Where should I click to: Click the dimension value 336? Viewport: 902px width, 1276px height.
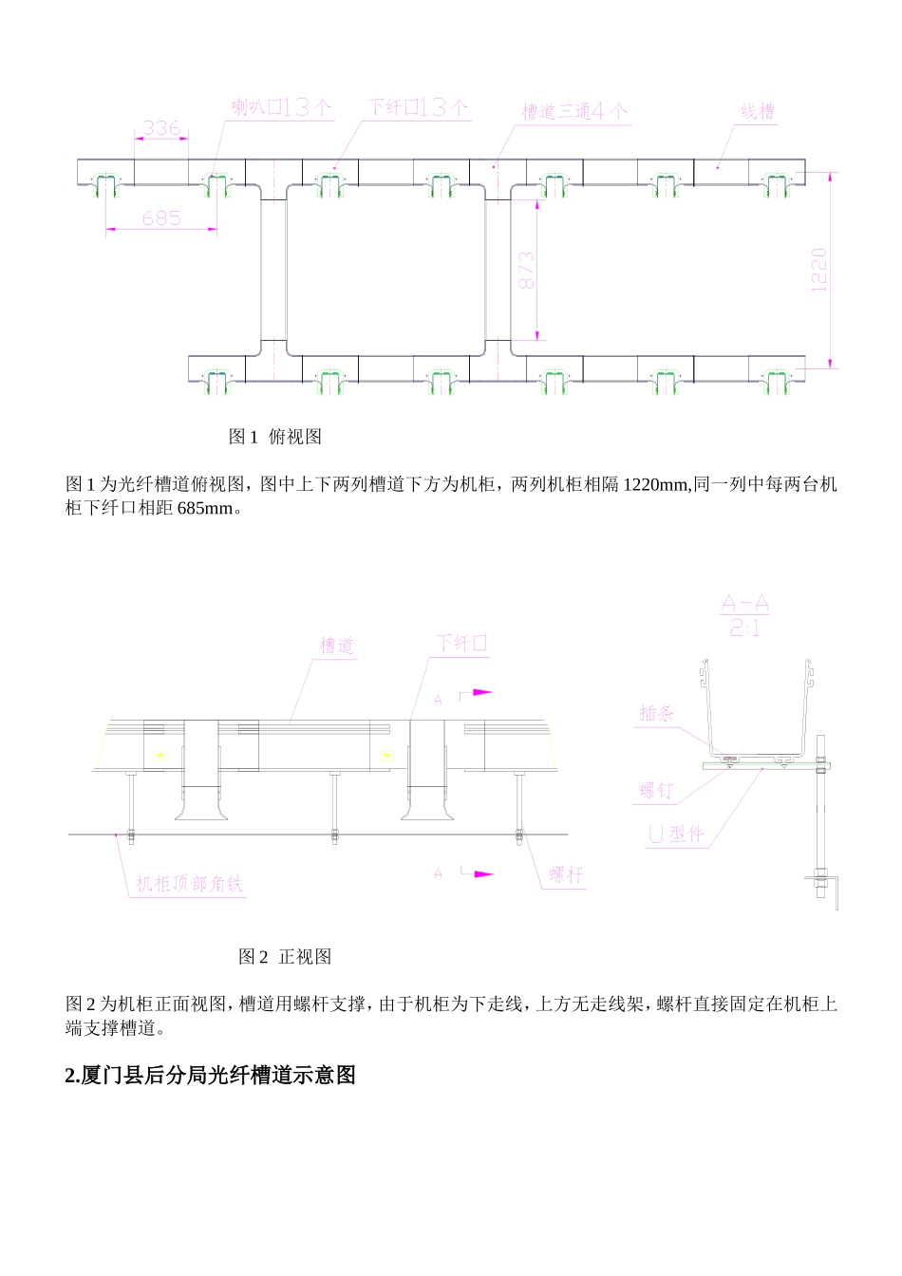point(161,128)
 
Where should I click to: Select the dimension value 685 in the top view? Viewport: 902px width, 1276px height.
point(161,218)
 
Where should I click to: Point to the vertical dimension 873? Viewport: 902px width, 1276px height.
point(527,271)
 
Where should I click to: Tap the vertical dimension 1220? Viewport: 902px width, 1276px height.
point(820,270)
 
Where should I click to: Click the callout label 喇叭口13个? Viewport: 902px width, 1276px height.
point(282,107)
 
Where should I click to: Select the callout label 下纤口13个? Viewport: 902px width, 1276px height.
point(418,107)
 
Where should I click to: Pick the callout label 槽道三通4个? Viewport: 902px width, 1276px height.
point(574,111)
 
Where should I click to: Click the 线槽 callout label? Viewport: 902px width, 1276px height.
point(758,111)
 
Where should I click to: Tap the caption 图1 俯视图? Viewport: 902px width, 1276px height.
point(275,437)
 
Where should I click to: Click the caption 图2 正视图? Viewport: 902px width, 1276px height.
point(285,957)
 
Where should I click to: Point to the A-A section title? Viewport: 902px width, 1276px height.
point(744,604)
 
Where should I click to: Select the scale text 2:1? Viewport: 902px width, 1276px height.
point(744,628)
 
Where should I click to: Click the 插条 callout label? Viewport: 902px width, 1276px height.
point(656,713)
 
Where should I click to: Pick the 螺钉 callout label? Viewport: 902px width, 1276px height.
point(656,790)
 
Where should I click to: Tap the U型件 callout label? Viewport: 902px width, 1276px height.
point(676,835)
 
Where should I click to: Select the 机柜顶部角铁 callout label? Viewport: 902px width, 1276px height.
point(189,884)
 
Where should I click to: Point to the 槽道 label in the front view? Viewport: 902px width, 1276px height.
point(336,646)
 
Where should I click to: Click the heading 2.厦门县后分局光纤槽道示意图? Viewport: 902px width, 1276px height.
point(211,1075)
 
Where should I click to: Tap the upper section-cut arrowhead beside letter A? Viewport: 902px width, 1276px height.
point(483,692)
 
